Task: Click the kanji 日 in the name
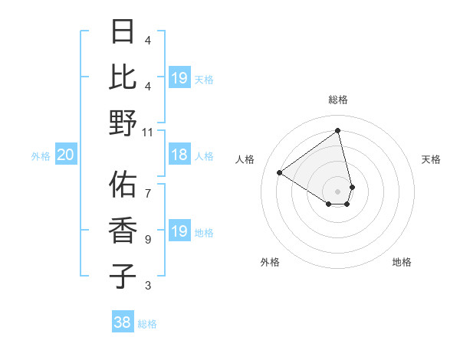123,32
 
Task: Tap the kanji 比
123,77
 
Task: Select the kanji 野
123,123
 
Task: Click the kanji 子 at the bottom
123,276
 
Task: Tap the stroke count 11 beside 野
148,132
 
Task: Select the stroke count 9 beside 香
148,239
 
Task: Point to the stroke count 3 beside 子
148,286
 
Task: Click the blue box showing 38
123,322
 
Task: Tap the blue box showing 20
65,155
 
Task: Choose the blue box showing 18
179,155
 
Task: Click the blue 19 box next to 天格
179,77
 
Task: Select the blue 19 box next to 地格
179,231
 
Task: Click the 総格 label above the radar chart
338,100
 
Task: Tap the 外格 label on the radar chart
270,262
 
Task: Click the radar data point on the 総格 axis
338,131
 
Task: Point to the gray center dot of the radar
338,191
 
